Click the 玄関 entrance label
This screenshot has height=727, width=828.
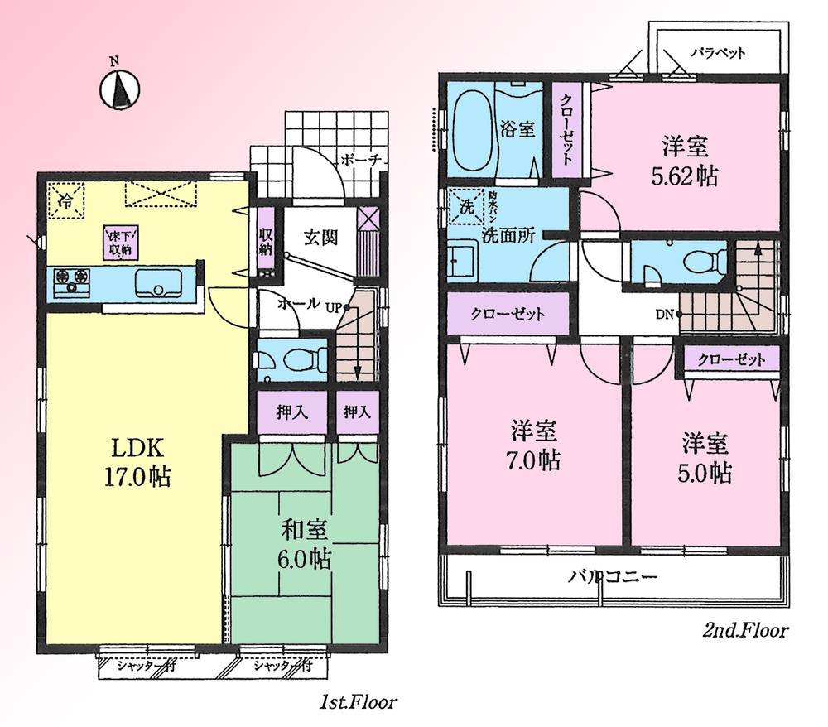point(319,238)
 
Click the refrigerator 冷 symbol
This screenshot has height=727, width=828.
point(65,200)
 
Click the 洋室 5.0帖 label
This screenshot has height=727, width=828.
point(706,457)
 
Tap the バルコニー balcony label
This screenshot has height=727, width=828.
point(613,577)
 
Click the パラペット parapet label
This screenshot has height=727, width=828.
point(717,51)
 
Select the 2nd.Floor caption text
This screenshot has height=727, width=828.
point(744,630)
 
